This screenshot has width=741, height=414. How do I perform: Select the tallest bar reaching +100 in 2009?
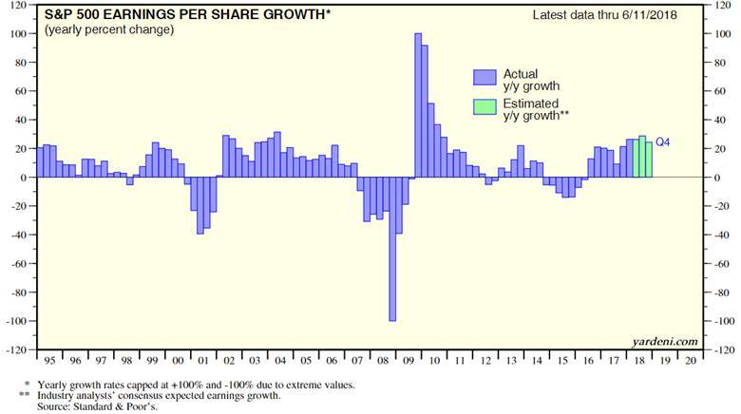tap(418, 104)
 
